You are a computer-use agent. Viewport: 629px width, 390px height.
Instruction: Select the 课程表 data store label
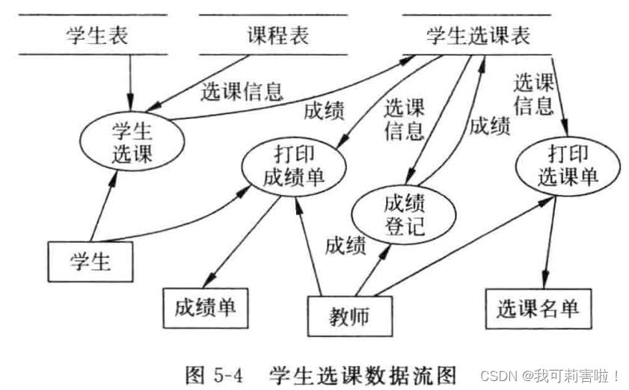[x=277, y=35]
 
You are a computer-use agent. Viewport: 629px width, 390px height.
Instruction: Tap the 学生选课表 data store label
[x=478, y=35]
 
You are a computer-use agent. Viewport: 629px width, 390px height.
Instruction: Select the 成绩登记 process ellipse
[x=404, y=214]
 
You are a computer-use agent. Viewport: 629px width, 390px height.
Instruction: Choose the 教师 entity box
[x=349, y=316]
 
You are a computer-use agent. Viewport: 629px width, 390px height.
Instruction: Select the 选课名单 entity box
[x=538, y=306]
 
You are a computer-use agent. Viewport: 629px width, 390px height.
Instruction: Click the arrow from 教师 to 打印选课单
[x=464, y=247]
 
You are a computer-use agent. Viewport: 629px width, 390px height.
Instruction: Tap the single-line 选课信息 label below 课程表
[x=242, y=91]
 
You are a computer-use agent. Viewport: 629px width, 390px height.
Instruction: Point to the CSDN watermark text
[x=550, y=374]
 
